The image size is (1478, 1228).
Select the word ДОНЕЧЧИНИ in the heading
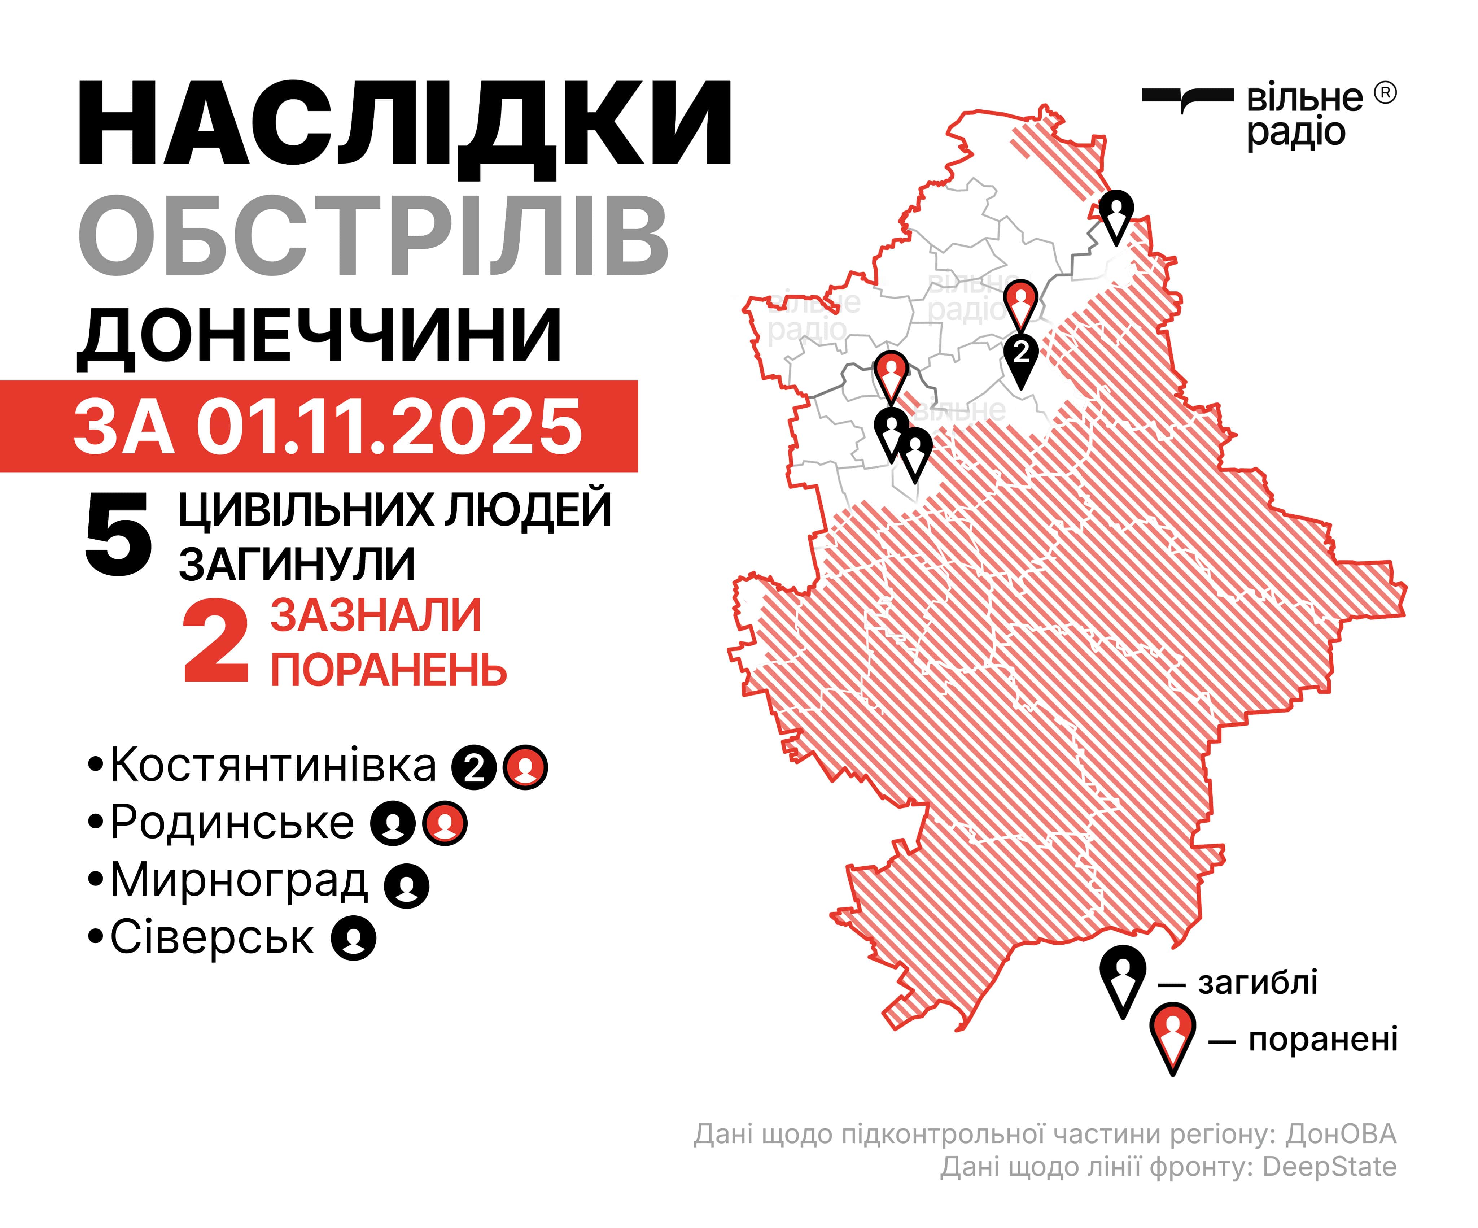coord(320,336)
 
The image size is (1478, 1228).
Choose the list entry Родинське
coord(232,822)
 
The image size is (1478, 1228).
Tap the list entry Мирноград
coord(239,880)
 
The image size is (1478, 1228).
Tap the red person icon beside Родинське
coord(445,823)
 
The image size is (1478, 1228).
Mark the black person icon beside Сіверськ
coord(354,939)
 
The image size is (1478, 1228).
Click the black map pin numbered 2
coord(1020,352)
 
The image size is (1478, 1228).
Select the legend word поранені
coord(1323,1040)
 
